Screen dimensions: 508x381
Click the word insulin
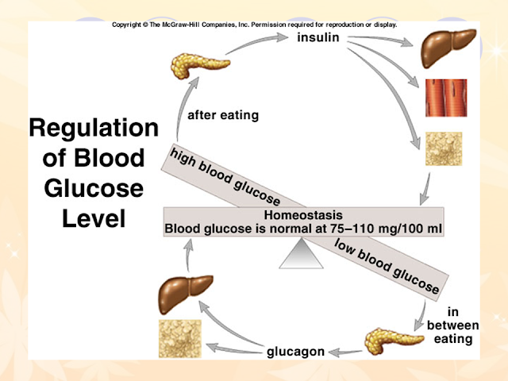pos(318,37)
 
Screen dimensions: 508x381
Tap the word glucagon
pos(295,352)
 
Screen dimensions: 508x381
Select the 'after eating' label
pos(223,115)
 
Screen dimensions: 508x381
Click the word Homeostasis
pos(303,215)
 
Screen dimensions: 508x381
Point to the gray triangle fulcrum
pos(302,254)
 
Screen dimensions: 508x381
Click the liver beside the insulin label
pos(448,48)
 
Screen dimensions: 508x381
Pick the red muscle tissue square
pos(446,98)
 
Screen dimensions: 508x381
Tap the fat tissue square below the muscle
pos(444,148)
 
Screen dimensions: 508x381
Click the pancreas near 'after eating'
pos(200,65)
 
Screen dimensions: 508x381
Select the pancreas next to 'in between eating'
pos(394,341)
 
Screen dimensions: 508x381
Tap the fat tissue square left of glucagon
pos(180,339)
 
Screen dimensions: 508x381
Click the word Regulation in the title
pos(94,129)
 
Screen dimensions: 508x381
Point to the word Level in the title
pos(94,219)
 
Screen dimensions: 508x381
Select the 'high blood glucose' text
pos(225,177)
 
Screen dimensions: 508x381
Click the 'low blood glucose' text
pos(387,266)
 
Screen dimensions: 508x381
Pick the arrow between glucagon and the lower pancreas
pos(345,352)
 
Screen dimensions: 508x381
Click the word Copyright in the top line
pos(126,25)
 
